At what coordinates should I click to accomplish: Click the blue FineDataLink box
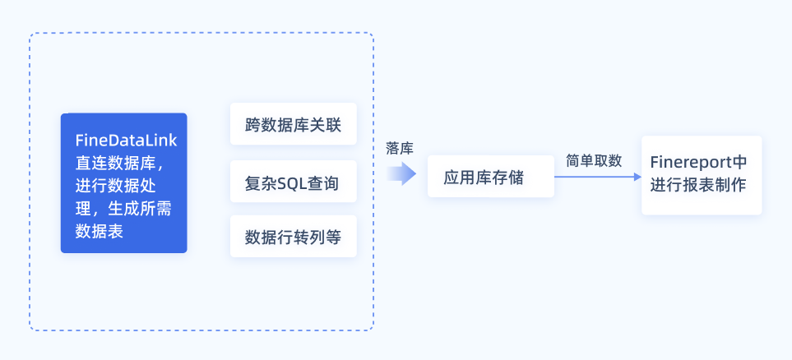click(x=123, y=182)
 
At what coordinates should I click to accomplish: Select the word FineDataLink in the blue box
click(x=126, y=140)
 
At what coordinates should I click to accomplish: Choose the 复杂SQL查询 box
click(x=293, y=182)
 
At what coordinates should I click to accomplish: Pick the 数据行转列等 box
click(x=293, y=237)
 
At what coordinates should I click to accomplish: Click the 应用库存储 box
click(x=490, y=177)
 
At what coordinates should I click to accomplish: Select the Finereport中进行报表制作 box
click(x=701, y=175)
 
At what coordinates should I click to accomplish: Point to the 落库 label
click(x=400, y=148)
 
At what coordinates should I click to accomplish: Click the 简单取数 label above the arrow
click(x=594, y=160)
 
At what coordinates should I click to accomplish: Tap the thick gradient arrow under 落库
click(x=401, y=173)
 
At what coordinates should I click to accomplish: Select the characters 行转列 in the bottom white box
click(x=299, y=237)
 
